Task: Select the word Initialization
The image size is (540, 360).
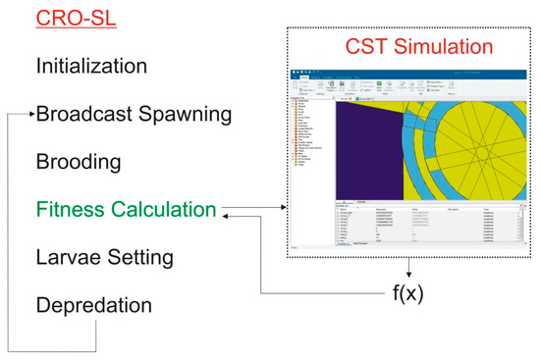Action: pyautogui.click(x=91, y=67)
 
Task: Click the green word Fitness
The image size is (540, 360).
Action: pyautogui.click(x=73, y=209)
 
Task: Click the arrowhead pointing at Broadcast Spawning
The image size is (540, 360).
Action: pyautogui.click(x=31, y=114)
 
